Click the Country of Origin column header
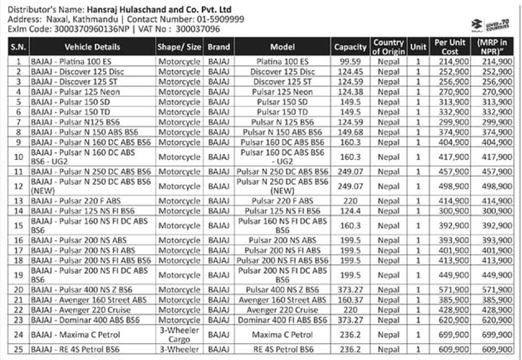pos(388,47)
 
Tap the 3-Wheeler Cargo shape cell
pos(179,334)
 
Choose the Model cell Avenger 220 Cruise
pos(282,310)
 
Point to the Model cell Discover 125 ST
pos(282,82)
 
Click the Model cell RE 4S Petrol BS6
pos(282,349)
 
